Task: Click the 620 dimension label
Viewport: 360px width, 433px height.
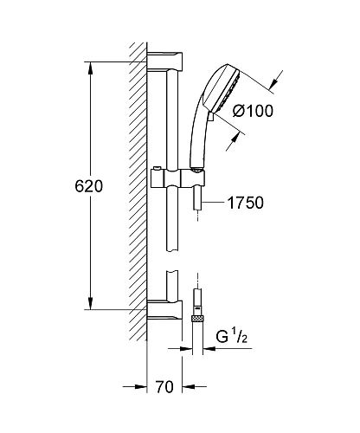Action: (88, 186)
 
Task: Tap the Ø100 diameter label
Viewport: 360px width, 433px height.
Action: (253, 111)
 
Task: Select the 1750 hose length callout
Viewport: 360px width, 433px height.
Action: (246, 203)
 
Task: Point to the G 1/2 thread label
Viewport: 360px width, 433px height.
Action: (232, 336)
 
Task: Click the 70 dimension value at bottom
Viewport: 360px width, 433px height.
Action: (164, 387)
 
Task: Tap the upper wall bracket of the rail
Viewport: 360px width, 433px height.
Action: (164, 61)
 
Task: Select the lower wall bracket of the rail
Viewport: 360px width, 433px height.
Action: (164, 310)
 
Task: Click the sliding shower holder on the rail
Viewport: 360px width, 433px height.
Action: (178, 178)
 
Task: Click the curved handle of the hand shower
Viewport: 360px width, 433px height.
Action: (196, 136)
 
